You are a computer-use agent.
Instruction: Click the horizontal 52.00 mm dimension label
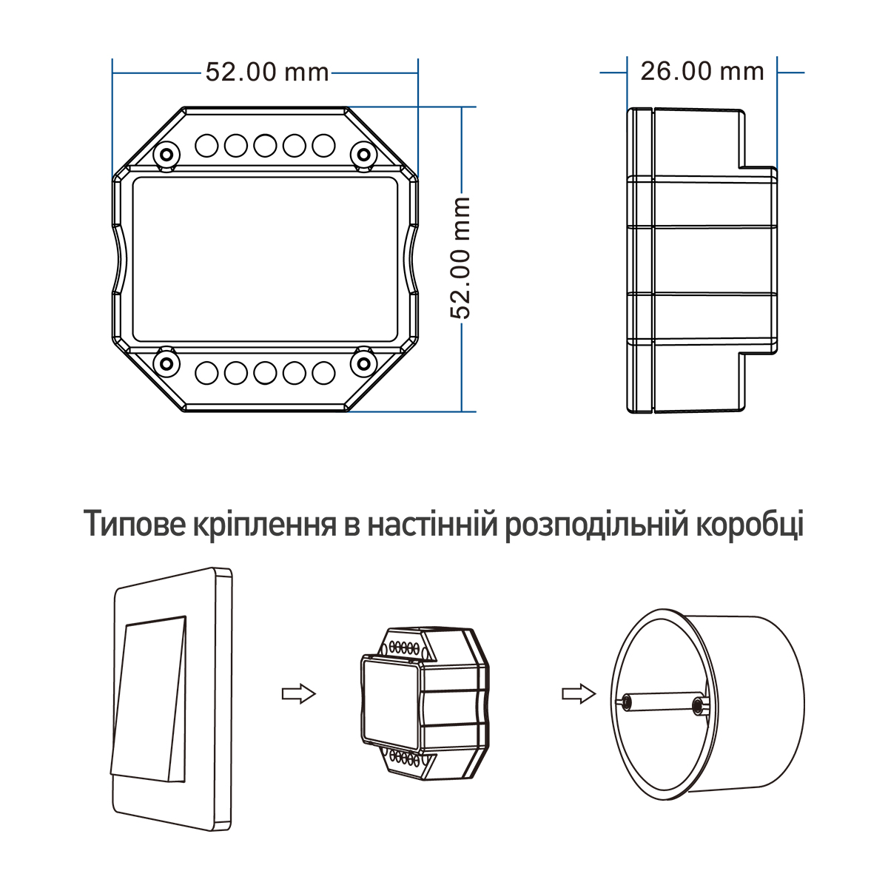pos(267,73)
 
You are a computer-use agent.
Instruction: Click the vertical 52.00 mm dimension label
pos(460,258)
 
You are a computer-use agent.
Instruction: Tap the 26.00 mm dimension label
pos(702,72)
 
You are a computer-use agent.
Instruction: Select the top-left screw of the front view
pos(166,155)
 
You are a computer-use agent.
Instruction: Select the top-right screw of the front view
pos(363,155)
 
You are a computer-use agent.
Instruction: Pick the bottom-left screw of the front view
pos(166,363)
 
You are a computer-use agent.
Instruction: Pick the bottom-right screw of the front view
pos(363,363)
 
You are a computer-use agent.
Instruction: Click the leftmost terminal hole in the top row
pos(206,145)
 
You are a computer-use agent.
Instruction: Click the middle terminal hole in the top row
pos(265,145)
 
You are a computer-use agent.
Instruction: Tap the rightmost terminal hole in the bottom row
pos(323,373)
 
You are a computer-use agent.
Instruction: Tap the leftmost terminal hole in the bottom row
pos(206,373)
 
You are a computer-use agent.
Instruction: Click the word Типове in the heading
pos(134,525)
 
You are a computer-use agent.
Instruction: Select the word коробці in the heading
pos(750,525)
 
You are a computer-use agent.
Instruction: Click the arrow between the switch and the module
pos(299,693)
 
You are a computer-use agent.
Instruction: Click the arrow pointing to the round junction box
pos(579,693)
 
